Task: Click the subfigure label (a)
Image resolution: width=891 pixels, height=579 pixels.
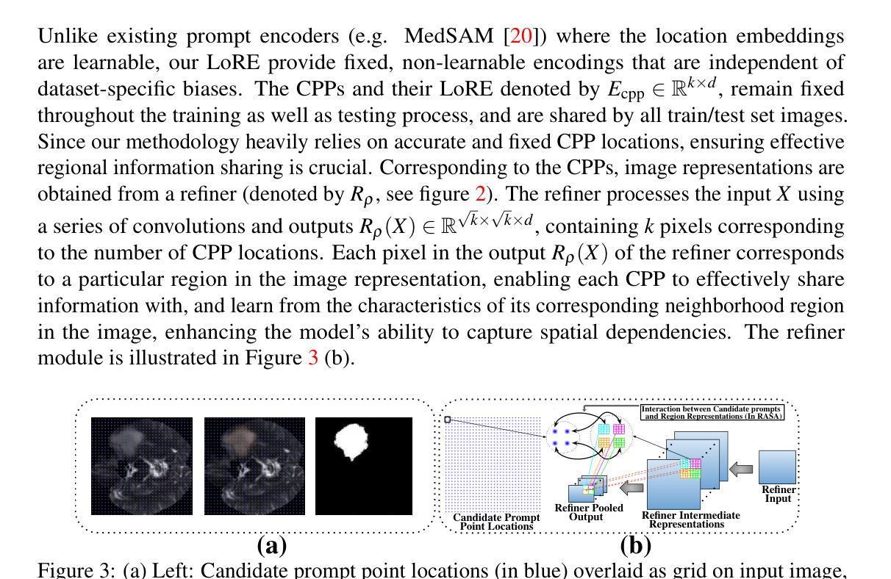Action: [271, 545]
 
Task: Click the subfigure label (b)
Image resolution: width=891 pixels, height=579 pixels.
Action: [635, 545]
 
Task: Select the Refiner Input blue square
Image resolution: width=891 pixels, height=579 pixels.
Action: [776, 467]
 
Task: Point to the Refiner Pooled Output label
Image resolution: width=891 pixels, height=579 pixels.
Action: [588, 512]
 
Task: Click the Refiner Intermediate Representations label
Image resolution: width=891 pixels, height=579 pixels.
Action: [690, 519]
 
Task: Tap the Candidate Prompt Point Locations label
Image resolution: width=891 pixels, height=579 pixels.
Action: [495, 522]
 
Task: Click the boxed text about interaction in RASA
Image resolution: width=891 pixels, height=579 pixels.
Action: [711, 412]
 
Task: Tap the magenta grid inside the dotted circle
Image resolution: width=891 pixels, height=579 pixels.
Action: [619, 429]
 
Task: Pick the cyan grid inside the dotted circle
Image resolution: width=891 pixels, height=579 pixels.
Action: [604, 429]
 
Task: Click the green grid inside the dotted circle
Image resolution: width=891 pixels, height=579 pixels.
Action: [619, 442]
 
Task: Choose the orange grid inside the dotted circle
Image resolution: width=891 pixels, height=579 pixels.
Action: [604, 442]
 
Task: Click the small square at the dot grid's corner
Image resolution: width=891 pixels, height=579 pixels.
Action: [447, 420]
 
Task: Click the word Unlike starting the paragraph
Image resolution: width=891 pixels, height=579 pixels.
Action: [66, 36]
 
